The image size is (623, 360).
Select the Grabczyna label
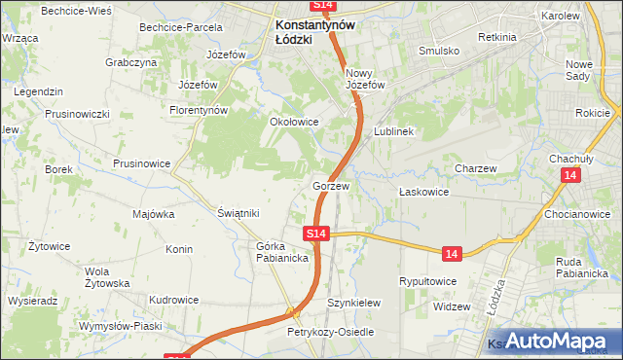131,62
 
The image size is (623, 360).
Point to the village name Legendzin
39,91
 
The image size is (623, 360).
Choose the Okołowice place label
293,123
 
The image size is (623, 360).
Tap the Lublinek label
394,130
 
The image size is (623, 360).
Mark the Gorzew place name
330,185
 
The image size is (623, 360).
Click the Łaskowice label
423,192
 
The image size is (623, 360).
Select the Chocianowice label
577,214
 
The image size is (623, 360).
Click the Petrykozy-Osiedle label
329,332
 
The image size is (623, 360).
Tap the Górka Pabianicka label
282,252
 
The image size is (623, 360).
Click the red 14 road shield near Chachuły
570,174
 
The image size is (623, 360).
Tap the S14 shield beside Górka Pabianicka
315,234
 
